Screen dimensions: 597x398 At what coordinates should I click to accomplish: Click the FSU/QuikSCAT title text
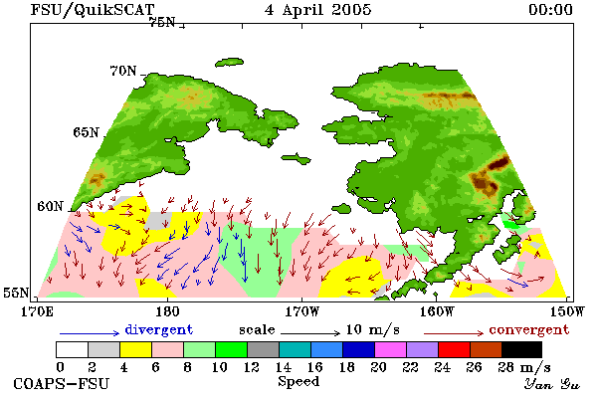click(93, 10)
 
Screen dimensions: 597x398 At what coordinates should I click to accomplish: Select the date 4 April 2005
click(318, 10)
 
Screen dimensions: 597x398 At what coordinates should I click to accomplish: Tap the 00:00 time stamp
click(550, 10)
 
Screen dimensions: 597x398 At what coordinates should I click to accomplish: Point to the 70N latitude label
click(123, 71)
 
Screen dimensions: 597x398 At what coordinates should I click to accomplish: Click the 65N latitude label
click(86, 132)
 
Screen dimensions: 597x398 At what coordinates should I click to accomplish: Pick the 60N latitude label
click(50, 206)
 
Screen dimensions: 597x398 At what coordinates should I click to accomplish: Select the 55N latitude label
click(16, 293)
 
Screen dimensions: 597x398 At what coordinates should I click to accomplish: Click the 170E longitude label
click(37, 311)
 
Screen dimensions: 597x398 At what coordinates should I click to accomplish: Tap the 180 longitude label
click(167, 311)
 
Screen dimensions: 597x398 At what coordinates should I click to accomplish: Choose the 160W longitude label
click(437, 311)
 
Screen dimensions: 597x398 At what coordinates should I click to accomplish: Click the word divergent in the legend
click(159, 329)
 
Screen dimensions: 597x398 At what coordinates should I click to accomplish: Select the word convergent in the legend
click(529, 329)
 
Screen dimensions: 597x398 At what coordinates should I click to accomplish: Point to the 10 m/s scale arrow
click(310, 333)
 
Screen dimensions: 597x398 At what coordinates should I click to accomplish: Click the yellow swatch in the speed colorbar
click(135, 349)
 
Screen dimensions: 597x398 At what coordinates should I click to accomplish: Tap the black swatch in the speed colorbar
click(521, 349)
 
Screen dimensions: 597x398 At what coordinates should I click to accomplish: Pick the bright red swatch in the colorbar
click(455, 349)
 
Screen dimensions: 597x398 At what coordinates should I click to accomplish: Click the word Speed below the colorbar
click(298, 382)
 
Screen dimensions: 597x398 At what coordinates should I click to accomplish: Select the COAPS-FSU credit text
click(62, 383)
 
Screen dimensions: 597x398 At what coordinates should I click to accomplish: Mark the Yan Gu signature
click(552, 384)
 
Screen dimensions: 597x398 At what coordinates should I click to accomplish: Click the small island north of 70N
click(229, 62)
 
